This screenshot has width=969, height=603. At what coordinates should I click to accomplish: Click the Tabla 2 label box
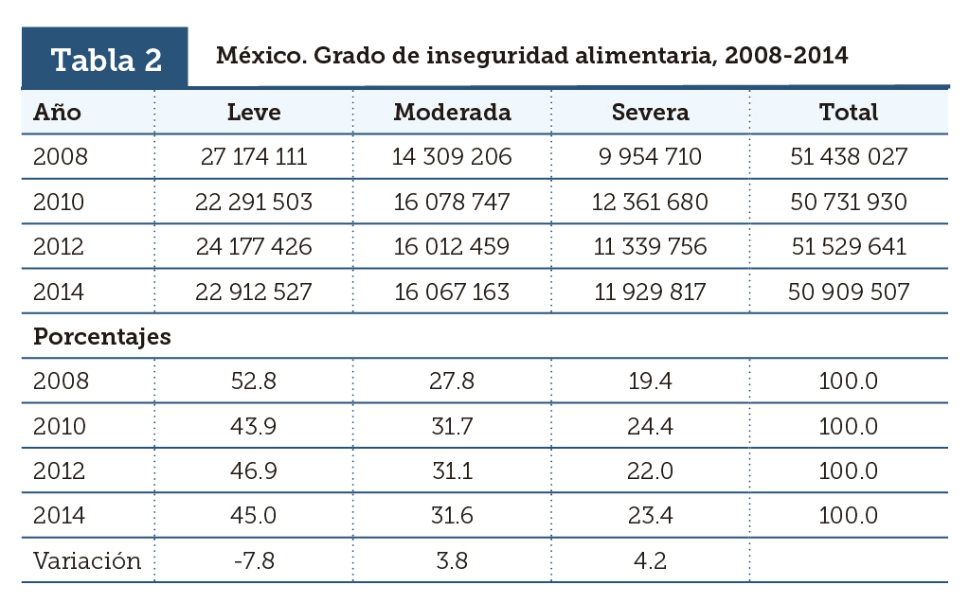tap(105, 59)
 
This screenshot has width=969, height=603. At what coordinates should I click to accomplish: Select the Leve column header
tap(254, 112)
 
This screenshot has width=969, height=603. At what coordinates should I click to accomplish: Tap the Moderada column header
tap(452, 112)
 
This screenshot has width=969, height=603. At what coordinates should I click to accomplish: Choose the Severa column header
tap(650, 112)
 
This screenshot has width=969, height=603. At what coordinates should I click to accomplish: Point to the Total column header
tap(849, 112)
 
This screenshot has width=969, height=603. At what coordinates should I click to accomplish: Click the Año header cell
tap(58, 112)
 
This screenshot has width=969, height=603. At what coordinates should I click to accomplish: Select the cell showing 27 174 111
tap(254, 156)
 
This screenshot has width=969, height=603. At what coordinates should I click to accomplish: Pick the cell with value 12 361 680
tap(650, 202)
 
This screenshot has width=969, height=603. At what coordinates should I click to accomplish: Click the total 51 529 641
tap(849, 247)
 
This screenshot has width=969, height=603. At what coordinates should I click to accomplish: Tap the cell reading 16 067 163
tap(452, 293)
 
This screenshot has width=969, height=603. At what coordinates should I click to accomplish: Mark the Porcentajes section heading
tap(102, 337)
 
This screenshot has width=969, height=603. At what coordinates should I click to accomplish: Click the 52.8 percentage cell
tap(254, 381)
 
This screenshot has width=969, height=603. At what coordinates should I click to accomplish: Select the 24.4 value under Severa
tap(650, 426)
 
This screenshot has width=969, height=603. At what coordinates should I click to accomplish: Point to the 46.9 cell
tap(254, 471)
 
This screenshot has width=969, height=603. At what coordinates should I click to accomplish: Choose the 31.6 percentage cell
tap(452, 516)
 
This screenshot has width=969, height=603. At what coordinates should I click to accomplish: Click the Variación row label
tap(87, 560)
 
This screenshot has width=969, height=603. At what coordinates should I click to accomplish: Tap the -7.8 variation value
tap(254, 560)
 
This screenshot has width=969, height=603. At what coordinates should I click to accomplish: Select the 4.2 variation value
tap(650, 560)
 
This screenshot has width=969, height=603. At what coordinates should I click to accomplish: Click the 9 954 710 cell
tap(650, 156)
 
